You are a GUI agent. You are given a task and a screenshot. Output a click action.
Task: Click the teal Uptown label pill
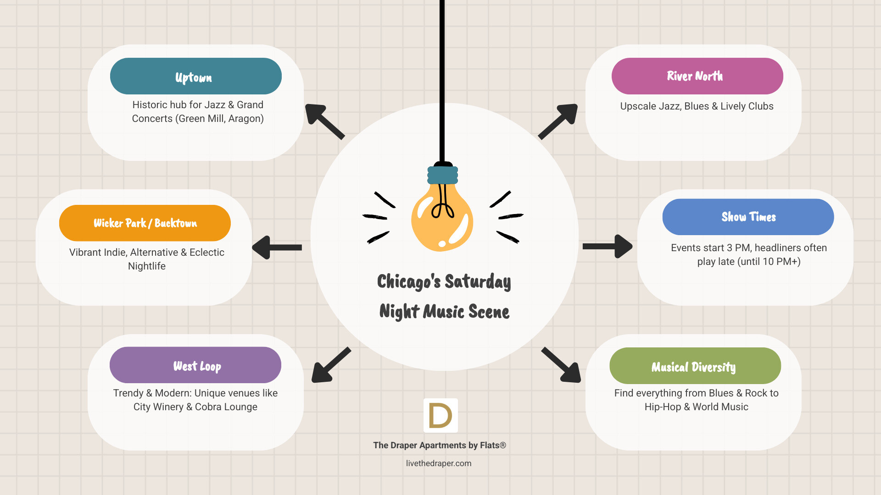coord(195,76)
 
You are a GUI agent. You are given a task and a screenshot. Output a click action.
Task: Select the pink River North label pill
coord(697,76)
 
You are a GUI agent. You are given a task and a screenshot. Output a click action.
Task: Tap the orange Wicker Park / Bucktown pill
coord(145,223)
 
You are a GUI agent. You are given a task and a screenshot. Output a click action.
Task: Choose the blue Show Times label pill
coord(748,217)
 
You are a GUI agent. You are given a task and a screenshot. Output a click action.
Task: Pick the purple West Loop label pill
coord(195,365)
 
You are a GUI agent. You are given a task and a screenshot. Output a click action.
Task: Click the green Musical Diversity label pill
coord(695,366)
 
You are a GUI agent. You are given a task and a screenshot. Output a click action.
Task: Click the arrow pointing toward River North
coord(558,121)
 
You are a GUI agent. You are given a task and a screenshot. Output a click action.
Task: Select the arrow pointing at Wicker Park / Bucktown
coord(276,247)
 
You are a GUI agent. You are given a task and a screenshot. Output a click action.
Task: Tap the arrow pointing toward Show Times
coord(607,247)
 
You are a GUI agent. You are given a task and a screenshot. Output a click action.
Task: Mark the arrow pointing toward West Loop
coord(330,365)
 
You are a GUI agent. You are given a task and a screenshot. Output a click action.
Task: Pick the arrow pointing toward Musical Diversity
coord(562,365)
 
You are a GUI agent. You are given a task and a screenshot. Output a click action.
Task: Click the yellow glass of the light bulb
coord(441,220)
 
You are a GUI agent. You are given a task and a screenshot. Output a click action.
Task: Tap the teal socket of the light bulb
coord(442,175)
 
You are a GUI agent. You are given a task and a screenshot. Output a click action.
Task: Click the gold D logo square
coord(440,415)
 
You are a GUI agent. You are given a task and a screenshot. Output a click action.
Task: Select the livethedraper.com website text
coord(439,463)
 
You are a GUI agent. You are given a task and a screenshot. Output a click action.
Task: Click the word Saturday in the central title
coord(477,281)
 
